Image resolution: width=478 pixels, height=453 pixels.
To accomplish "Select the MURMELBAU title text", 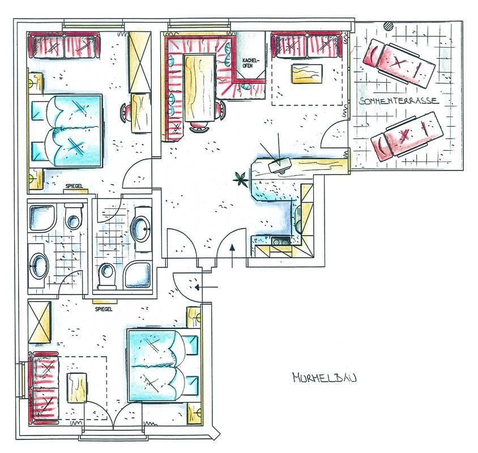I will coord(324,378).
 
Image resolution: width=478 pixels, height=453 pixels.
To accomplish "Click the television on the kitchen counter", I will coord(281,164).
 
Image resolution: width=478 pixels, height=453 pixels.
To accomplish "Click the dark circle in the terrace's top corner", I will coord(389,25).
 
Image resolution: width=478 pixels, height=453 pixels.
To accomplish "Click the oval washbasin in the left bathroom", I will coord(40,264).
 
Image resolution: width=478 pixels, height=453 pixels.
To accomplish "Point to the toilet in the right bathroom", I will coord(106,275).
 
